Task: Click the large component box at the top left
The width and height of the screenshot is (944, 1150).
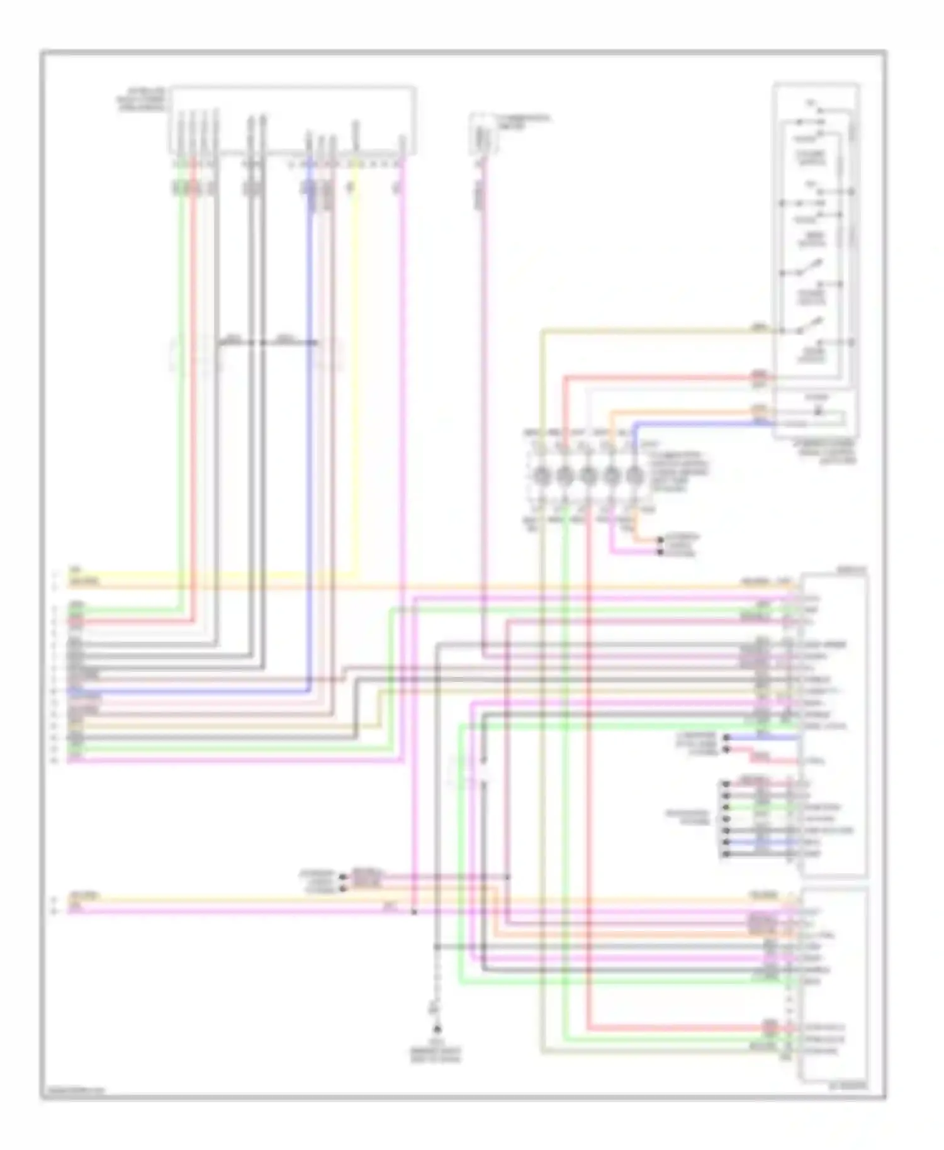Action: [x=293, y=120]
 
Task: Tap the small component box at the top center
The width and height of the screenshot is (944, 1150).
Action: [x=483, y=133]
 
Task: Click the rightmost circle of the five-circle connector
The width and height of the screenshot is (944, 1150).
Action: [x=635, y=476]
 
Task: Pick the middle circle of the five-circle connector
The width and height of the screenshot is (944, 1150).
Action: [x=588, y=476]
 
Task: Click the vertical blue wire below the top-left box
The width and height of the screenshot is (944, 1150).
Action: [x=310, y=440]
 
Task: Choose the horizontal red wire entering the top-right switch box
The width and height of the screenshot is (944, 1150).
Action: [x=661, y=377]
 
